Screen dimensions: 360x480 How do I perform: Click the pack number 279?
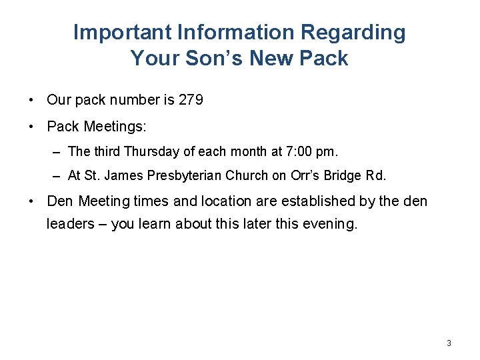(191, 100)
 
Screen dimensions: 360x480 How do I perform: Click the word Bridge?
(345, 176)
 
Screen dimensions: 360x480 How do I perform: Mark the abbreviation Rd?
(375, 176)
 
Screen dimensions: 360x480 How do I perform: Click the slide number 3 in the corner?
(449, 343)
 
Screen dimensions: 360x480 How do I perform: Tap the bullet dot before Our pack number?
(32, 100)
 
